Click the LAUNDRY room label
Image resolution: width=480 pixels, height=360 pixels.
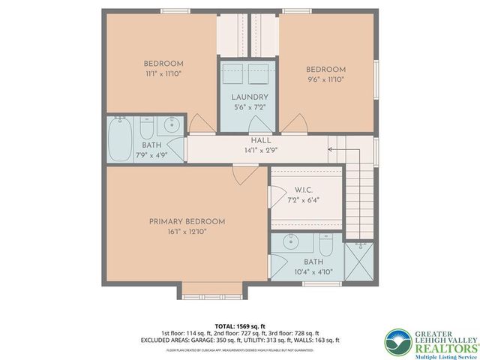pos(250,97)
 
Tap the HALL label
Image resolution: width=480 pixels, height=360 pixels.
pos(261,139)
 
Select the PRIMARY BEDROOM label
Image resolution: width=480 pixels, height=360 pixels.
pos(187,221)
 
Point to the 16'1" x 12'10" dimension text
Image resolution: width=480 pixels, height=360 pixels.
pos(187,232)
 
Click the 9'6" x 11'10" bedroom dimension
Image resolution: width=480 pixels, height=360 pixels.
pos(325,81)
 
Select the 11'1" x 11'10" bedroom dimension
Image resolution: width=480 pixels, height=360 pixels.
pos(163,74)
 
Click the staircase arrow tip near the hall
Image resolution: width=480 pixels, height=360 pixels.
pos(330,149)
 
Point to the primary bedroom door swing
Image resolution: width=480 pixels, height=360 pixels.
pos(242,176)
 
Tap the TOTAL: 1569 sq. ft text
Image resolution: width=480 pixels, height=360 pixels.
pos(239,326)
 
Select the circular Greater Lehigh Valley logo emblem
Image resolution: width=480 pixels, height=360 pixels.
pos(397,342)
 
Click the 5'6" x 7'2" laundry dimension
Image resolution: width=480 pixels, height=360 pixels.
pos(250,107)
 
